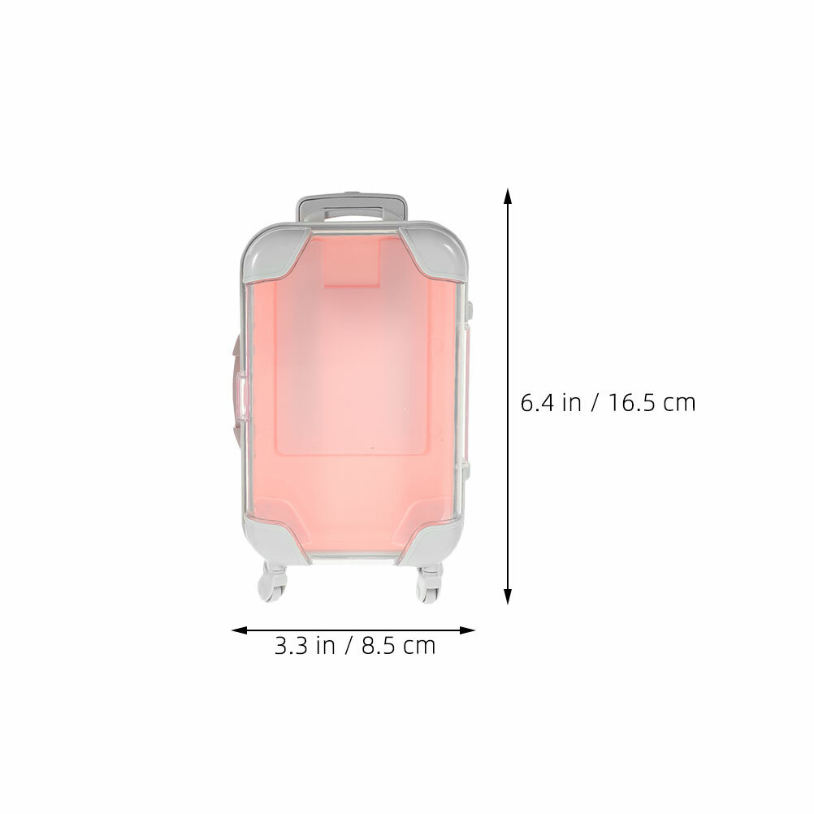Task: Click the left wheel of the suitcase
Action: pyautogui.click(x=272, y=582)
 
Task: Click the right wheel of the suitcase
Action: pyautogui.click(x=429, y=583)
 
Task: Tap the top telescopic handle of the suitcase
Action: pyautogui.click(x=351, y=209)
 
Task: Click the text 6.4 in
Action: pyautogui.click(x=551, y=404)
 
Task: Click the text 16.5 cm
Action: pyautogui.click(x=652, y=404)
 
